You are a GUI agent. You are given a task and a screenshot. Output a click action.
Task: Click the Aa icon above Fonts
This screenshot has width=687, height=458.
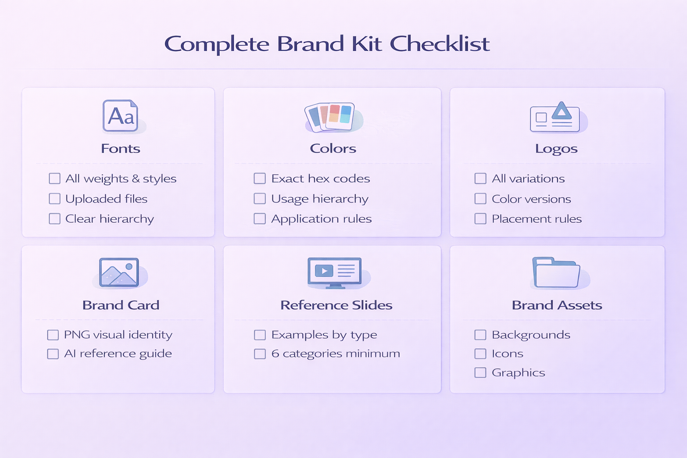[120, 116]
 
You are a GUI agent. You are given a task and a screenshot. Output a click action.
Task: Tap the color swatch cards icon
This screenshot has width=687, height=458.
[331, 117]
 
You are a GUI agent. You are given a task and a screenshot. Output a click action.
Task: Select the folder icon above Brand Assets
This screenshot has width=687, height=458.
[556, 272]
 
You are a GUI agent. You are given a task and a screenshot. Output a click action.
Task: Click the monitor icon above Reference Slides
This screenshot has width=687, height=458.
[335, 272]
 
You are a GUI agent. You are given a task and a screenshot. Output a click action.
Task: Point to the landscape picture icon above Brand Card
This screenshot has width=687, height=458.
[119, 272]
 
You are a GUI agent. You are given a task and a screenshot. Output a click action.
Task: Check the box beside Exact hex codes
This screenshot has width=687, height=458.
[260, 178]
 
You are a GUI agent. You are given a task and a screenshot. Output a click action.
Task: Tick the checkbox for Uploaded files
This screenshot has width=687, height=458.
[55, 199]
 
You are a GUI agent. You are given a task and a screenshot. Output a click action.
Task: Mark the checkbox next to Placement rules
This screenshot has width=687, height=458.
[480, 219]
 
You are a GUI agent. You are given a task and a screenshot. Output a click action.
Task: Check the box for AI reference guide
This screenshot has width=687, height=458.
[53, 354]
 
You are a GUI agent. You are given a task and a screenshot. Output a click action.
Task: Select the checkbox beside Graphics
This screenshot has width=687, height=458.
[480, 373]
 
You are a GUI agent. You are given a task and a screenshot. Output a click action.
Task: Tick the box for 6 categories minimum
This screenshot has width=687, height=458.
[260, 354]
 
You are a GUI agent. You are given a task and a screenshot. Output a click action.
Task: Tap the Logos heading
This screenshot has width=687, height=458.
[556, 148]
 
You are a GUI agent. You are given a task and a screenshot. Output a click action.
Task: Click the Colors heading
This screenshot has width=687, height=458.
[333, 148]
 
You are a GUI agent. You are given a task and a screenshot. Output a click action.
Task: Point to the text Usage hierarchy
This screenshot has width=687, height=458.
[320, 199]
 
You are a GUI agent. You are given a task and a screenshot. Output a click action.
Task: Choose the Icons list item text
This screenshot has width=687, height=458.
[507, 354]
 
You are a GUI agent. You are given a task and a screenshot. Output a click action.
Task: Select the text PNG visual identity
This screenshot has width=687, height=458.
[118, 335]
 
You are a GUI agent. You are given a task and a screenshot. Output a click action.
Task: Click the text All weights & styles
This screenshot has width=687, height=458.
[121, 179]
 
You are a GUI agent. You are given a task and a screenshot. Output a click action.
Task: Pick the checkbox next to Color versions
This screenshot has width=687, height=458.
[480, 199]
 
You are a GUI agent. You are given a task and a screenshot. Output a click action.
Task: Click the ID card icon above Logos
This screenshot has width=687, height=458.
[555, 118]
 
